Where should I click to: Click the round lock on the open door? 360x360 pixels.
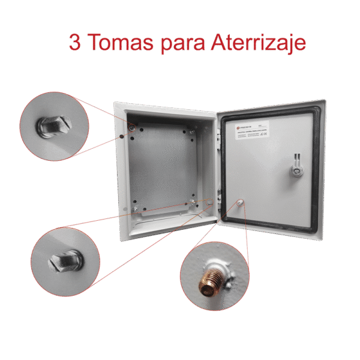click(295, 170)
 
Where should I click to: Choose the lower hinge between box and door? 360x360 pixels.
click(219, 196)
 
